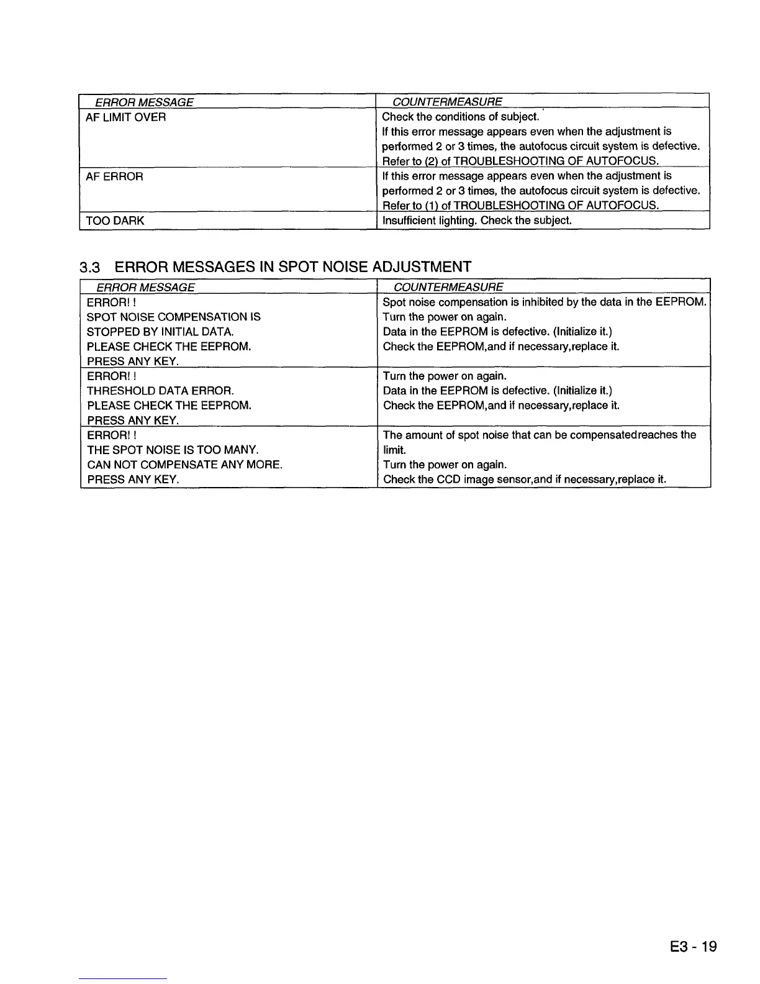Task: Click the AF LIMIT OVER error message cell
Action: tap(125, 117)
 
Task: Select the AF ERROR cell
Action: tap(114, 177)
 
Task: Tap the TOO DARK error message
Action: tap(115, 221)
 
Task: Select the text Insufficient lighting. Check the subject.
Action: tap(476, 221)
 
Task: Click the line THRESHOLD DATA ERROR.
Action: tap(160, 391)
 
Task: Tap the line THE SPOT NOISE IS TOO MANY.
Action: tap(173, 450)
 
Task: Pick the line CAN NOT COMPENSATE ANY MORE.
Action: tap(184, 465)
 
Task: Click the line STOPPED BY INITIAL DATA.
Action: tap(160, 332)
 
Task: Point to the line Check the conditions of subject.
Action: tap(459, 117)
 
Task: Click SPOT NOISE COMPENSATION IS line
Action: tap(173, 317)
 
